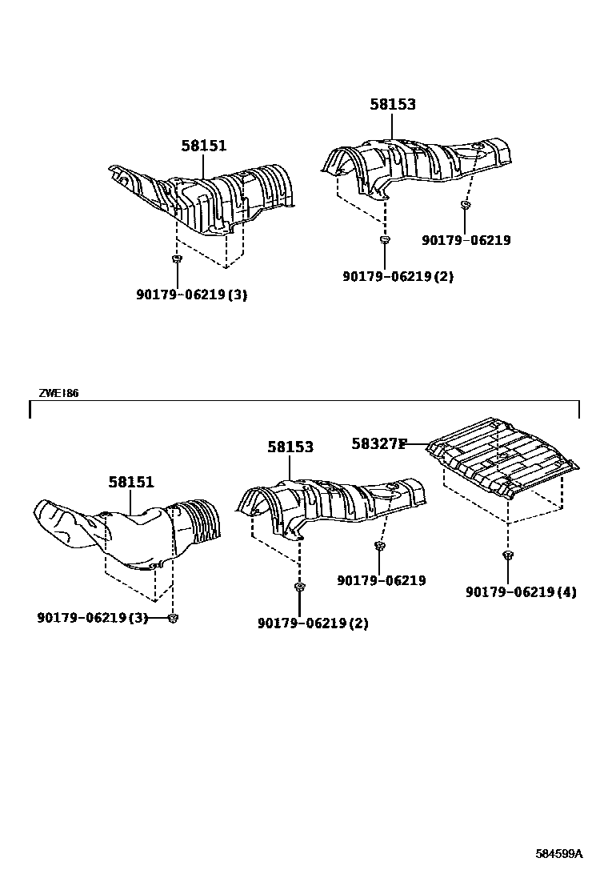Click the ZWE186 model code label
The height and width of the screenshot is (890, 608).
58,393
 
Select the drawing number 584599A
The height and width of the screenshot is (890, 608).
559,853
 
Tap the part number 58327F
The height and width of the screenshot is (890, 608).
379,443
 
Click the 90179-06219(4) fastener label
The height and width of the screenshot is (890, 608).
521,592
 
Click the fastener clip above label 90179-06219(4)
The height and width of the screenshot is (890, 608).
508,555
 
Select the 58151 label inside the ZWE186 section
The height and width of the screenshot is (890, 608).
131,482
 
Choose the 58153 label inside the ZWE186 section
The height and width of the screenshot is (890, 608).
290,447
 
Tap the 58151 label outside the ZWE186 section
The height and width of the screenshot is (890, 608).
203,146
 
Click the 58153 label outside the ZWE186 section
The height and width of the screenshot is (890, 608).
393,104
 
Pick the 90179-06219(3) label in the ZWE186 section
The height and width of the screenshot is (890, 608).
92,617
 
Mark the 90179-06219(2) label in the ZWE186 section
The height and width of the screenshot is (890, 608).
313,623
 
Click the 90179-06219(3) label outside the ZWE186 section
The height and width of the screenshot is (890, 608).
191,295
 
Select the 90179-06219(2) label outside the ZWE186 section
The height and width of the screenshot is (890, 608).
398,276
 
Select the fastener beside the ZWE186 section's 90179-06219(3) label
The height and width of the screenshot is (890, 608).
174,617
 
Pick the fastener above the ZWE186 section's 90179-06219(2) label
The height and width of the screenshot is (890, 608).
299,588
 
